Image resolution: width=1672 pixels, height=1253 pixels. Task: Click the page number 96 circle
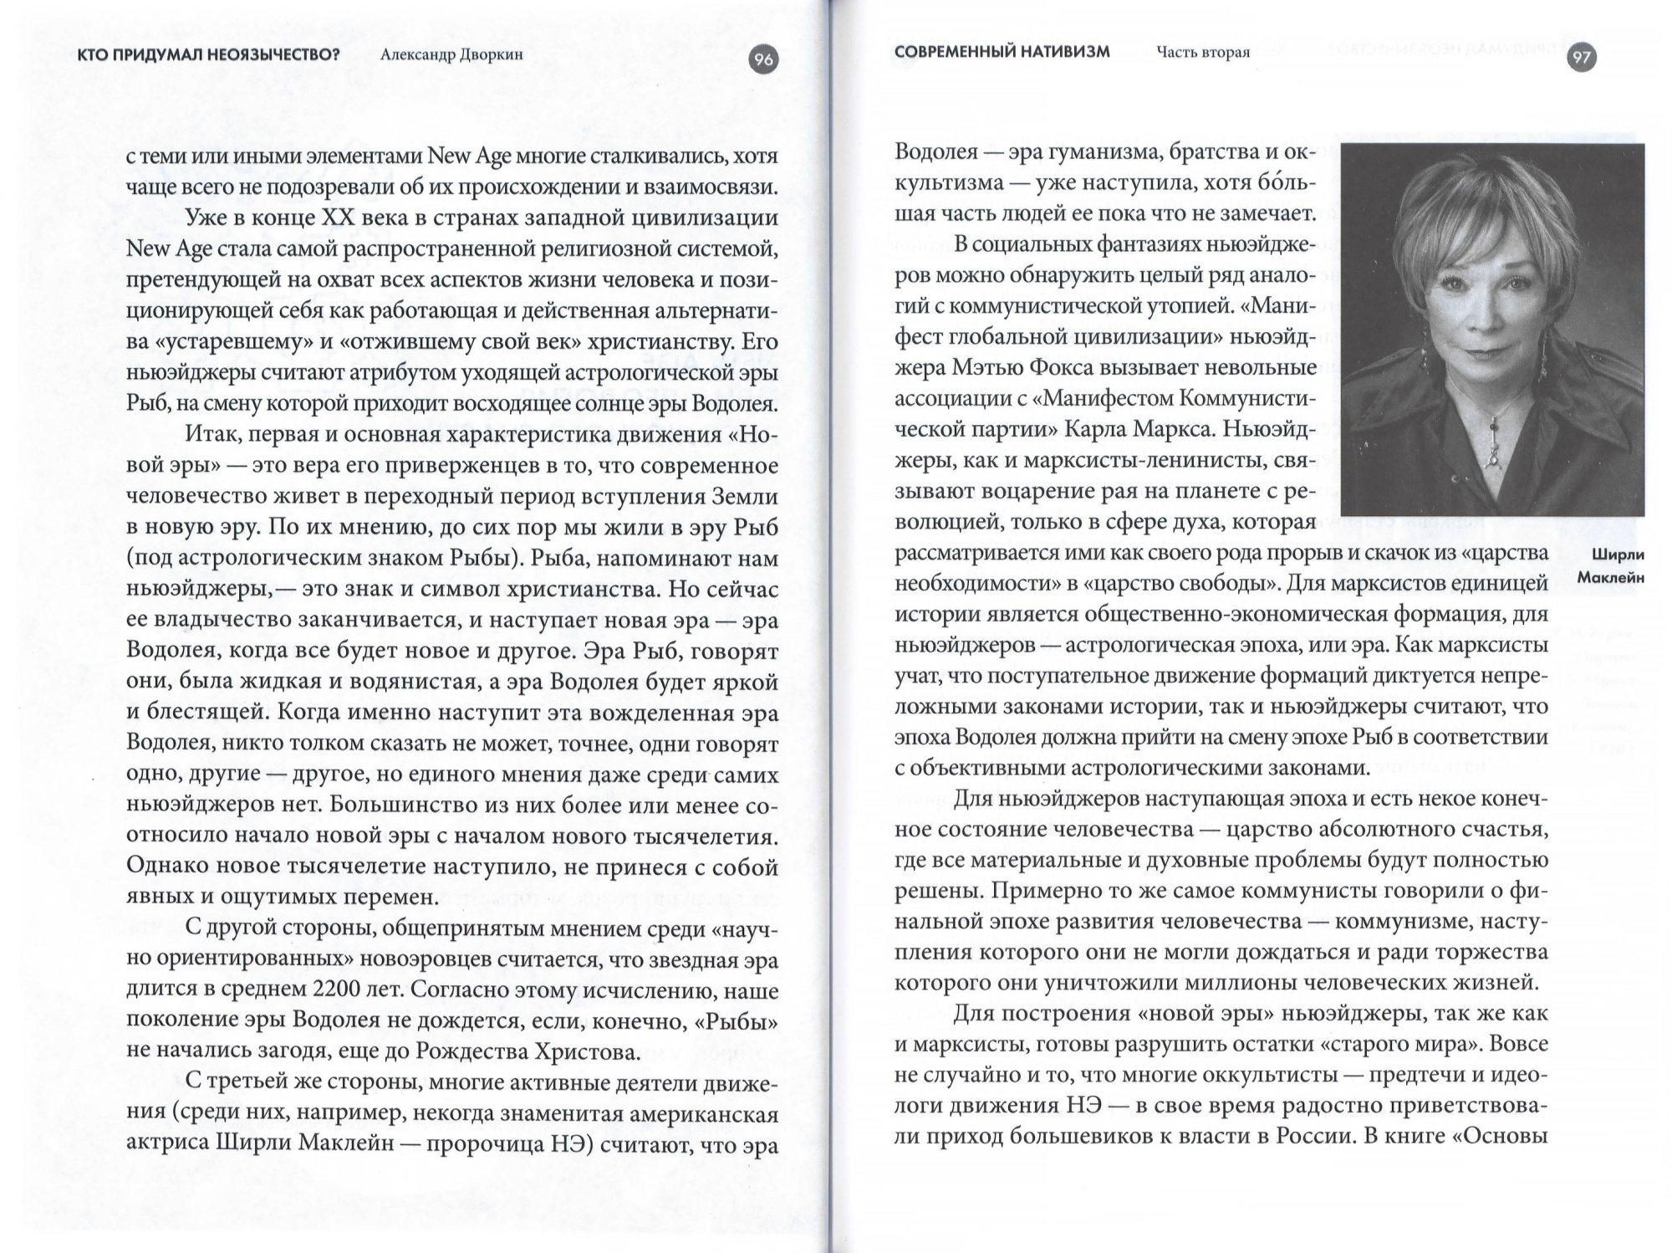point(763,59)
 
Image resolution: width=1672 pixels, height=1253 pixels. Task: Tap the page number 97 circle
point(1581,57)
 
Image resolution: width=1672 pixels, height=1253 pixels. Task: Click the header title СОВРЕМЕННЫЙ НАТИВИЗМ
point(1002,52)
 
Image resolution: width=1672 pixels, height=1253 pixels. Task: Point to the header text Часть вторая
point(1203,53)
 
